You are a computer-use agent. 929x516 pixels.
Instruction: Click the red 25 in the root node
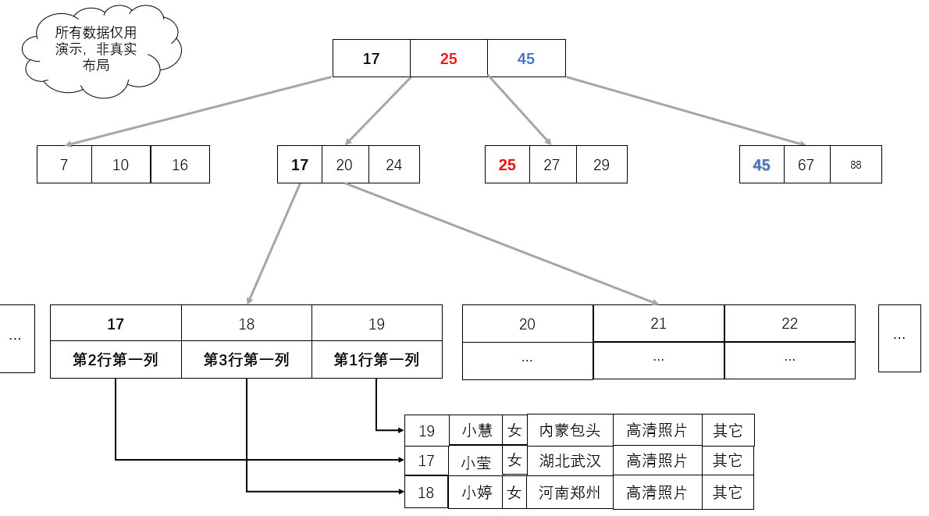[x=448, y=59]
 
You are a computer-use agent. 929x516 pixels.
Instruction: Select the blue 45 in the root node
[x=526, y=59]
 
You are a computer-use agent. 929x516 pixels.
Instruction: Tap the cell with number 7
[x=64, y=165]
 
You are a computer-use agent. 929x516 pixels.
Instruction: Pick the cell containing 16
[x=180, y=165]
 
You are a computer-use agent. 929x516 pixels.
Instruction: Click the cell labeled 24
[x=393, y=165]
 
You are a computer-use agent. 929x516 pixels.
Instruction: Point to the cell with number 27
[x=552, y=165]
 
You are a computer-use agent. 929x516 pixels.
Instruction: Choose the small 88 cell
[x=856, y=165]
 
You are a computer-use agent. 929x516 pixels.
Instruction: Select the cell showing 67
[x=806, y=165]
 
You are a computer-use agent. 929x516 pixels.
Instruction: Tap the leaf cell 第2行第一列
[x=116, y=360]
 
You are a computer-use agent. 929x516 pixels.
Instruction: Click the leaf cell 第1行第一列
[x=376, y=360]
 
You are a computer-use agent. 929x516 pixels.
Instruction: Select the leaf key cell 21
[x=658, y=323]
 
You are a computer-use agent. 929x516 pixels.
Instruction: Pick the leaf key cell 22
[x=789, y=323]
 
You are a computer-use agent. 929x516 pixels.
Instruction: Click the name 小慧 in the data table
[x=476, y=431]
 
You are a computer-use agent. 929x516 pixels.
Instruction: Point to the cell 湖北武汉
[x=570, y=461]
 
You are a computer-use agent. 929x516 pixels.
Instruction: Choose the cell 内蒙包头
[x=570, y=431]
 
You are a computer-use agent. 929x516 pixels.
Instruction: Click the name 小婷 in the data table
[x=476, y=493]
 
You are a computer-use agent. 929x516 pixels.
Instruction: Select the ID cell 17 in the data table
[x=426, y=461]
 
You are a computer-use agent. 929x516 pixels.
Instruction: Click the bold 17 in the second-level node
[x=300, y=165]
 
